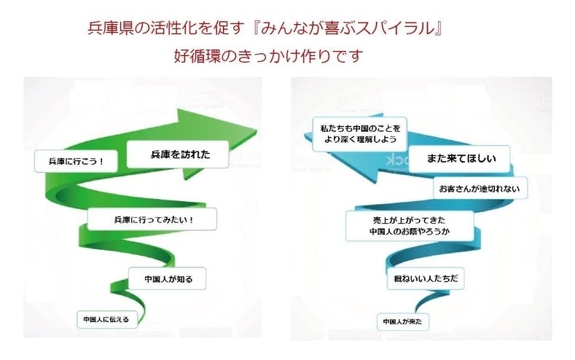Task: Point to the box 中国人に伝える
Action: pos(106,318)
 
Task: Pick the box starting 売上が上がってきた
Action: pos(410,225)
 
